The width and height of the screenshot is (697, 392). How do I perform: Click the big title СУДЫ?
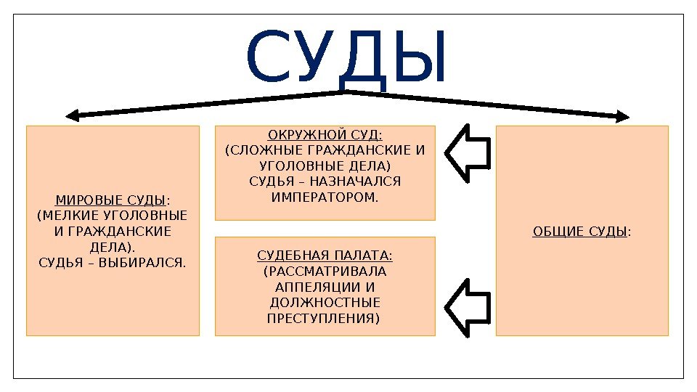[x=347, y=57]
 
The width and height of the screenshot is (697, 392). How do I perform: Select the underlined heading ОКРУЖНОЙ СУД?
[x=325, y=136]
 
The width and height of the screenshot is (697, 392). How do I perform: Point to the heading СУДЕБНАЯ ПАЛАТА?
[x=325, y=256]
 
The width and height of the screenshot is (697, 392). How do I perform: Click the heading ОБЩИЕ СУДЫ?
[x=579, y=232]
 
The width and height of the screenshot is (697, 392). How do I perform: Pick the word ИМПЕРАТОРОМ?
[x=325, y=197]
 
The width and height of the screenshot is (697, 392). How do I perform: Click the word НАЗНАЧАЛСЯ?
[x=362, y=181]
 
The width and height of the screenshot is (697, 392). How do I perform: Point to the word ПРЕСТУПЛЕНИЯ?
[x=324, y=318]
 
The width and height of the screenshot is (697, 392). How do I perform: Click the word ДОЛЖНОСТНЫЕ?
[x=325, y=303]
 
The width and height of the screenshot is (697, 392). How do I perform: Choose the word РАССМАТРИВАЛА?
[x=325, y=271]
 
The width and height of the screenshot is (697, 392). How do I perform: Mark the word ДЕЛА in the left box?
[x=109, y=246]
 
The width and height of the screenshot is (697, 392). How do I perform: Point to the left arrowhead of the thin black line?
[x=71, y=115]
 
